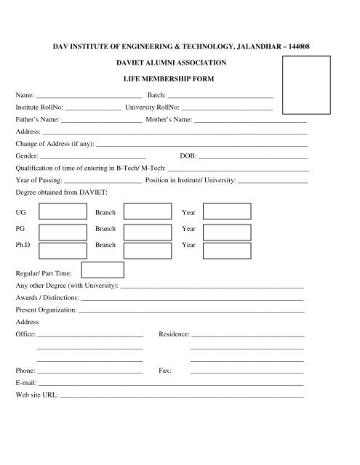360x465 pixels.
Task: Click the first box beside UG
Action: click(x=62, y=211)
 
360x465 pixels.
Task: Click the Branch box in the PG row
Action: click(x=148, y=230)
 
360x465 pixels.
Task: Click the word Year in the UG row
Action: click(x=188, y=213)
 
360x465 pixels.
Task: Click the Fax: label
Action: click(x=164, y=371)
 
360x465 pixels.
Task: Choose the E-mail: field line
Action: click(x=170, y=384)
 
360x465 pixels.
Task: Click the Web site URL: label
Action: click(x=36, y=396)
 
